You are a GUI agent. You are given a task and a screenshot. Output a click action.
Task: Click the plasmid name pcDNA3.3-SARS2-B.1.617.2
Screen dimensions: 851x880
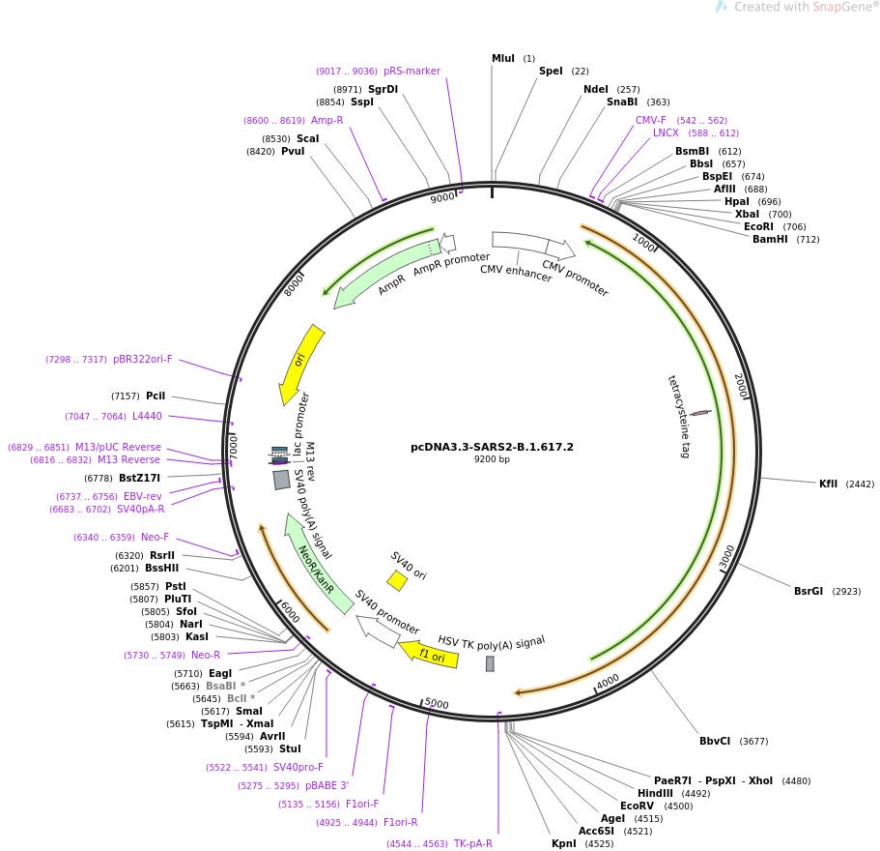point(492,447)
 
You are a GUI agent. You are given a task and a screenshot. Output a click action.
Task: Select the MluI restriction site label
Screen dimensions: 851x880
point(503,59)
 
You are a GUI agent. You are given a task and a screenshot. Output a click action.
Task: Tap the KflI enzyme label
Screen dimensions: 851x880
point(829,484)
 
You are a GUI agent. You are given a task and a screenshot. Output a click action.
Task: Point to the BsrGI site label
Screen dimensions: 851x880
point(808,591)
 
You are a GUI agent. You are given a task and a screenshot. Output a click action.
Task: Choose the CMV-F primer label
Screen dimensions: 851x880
point(650,120)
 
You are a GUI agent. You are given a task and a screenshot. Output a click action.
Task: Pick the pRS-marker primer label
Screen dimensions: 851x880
point(412,71)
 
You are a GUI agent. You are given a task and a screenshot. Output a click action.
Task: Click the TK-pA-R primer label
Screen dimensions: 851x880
point(473,843)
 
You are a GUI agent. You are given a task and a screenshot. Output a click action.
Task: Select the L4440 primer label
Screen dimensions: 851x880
point(148,416)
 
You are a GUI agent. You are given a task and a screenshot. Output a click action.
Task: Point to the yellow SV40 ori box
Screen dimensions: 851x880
point(397,580)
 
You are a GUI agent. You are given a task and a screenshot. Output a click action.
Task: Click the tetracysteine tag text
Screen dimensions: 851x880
point(679,416)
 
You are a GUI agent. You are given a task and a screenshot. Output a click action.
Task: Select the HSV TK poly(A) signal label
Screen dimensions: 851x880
point(491,640)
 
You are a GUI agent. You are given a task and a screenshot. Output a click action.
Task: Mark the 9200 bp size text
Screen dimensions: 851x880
point(492,459)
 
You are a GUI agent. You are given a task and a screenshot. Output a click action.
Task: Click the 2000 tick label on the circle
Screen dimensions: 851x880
point(741,385)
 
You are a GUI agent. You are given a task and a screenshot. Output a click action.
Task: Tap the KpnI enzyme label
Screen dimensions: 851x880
point(564,843)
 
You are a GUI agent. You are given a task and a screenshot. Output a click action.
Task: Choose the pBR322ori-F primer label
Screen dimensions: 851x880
point(142,359)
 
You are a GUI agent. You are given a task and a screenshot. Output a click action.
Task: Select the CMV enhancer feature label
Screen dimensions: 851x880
point(516,274)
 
